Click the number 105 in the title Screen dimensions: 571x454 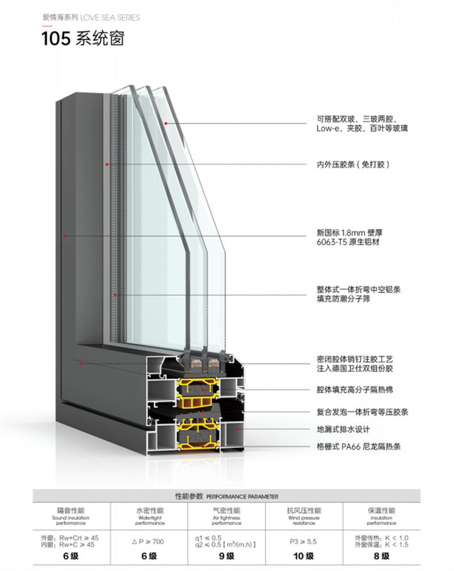coord(56,39)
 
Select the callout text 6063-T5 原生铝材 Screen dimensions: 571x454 coord(347,242)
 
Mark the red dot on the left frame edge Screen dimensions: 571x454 coord(65,236)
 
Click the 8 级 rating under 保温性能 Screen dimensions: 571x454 coord(381,556)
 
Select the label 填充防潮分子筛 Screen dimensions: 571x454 coord(343,299)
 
